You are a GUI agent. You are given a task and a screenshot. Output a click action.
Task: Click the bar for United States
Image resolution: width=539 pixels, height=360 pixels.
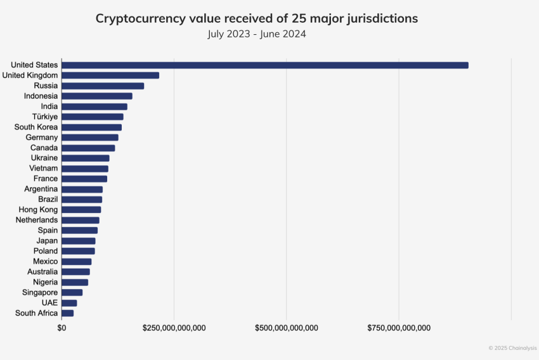pos(265,65)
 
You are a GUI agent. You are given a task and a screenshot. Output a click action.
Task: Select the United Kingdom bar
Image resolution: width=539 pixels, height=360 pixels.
pos(110,75)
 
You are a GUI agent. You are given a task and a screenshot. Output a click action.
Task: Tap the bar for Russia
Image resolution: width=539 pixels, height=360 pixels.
pos(103,86)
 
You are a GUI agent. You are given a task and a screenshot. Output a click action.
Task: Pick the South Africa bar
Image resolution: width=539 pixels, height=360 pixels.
pos(68,313)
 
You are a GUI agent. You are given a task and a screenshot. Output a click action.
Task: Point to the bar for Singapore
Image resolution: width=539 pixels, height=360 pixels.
pos(72,292)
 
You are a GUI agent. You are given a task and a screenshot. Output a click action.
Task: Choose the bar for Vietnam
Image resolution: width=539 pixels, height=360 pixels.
pos(85,169)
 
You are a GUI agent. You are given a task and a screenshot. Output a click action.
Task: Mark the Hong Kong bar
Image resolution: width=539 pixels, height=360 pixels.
pos(81,210)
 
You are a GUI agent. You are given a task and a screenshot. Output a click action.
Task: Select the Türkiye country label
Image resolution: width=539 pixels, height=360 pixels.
pos(45,117)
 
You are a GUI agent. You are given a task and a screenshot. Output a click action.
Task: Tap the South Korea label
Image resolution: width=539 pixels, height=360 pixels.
pos(36,127)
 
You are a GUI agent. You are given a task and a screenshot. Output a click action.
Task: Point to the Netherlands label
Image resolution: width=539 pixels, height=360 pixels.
pos(37,220)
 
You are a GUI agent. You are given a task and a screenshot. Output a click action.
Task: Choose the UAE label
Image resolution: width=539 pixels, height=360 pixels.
pos(49,303)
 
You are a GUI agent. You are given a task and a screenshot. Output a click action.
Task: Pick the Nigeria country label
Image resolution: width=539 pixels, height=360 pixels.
pos(45,282)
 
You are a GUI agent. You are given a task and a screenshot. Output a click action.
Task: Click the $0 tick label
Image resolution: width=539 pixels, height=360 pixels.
pos(62,328)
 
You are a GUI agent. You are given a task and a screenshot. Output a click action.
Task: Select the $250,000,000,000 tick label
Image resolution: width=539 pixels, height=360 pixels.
pos(174,328)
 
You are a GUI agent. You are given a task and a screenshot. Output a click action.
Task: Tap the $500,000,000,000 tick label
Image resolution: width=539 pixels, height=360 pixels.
pos(286,328)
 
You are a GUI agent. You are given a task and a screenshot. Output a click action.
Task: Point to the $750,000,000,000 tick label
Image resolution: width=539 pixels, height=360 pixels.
pos(399,328)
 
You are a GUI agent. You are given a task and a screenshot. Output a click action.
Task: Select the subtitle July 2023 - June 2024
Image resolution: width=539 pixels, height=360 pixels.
pos(257,34)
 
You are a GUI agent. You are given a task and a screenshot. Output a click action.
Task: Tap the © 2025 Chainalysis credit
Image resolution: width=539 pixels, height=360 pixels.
pos(512,348)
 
